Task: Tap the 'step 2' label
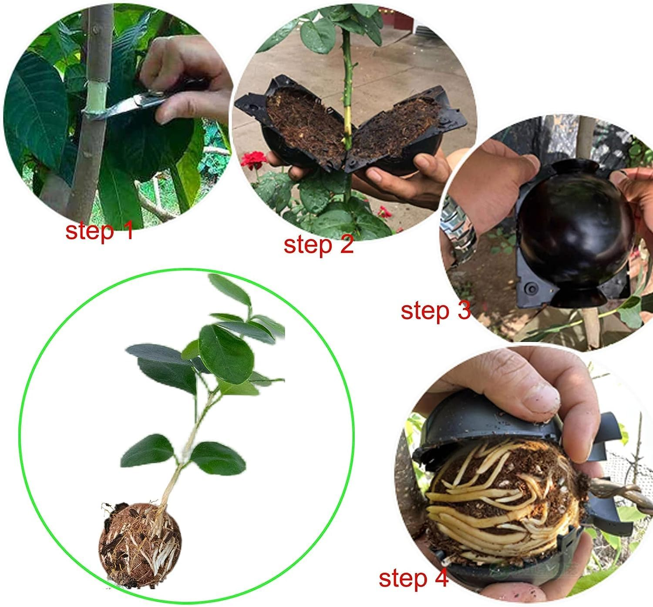319,245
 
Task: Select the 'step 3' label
436,311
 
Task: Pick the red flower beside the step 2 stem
254,161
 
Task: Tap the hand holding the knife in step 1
183,78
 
